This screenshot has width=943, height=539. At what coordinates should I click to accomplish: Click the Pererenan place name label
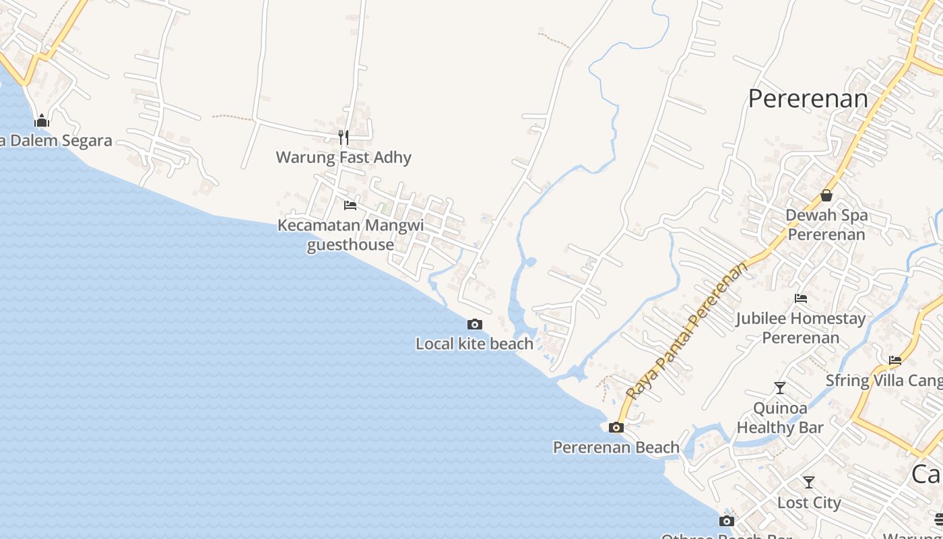point(808,99)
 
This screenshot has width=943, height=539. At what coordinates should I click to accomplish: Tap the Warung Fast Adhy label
point(344,158)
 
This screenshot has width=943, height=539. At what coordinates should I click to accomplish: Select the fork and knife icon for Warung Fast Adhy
point(344,137)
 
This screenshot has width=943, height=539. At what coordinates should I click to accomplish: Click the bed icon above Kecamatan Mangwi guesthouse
point(350,205)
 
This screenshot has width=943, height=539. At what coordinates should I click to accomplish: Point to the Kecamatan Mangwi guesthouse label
point(351,234)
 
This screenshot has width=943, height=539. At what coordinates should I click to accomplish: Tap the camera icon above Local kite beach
point(475,324)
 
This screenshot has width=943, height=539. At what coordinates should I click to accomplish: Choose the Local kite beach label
point(474,344)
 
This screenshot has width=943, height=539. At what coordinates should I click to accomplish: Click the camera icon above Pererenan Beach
point(616,427)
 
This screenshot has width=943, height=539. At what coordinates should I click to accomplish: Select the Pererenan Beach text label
point(616,447)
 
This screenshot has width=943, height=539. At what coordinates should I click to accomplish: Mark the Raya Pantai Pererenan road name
point(687,330)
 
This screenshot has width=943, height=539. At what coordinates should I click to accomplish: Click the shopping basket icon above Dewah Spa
point(826,195)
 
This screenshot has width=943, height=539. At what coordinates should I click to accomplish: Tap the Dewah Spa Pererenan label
point(826,225)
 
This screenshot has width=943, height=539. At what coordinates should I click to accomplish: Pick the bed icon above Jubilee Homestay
point(801,298)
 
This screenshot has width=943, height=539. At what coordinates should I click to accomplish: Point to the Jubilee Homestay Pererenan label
point(801,327)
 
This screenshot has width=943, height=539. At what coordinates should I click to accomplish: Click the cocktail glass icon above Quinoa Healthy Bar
point(780,388)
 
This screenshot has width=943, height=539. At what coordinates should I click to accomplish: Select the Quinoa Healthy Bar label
point(780,418)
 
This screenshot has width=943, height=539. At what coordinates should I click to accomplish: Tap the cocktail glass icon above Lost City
point(809,482)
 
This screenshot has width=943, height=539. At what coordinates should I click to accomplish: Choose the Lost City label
point(809,503)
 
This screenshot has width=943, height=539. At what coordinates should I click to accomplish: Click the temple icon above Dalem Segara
point(42,121)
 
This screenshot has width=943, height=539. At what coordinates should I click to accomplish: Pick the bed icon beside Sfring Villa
point(895,360)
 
